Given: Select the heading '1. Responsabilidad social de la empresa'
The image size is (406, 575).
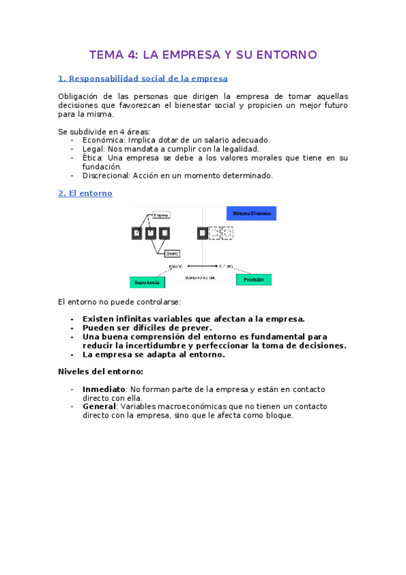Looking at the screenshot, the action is [x=143, y=79].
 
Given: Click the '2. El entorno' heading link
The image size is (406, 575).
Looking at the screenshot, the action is [x=85, y=193].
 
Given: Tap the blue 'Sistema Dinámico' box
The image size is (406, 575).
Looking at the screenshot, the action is [x=251, y=214].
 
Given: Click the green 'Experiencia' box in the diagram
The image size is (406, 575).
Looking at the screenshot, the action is [x=147, y=281].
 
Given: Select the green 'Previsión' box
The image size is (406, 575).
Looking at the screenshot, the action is [x=253, y=279].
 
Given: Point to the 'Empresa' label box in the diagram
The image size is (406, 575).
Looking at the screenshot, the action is [x=161, y=215].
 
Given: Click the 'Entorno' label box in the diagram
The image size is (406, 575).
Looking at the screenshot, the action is [x=172, y=254].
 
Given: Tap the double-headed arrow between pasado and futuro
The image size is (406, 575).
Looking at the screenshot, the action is [x=201, y=266].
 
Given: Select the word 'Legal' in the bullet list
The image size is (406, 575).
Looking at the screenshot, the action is [x=93, y=148].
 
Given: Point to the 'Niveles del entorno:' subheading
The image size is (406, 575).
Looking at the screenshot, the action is [x=100, y=372].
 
